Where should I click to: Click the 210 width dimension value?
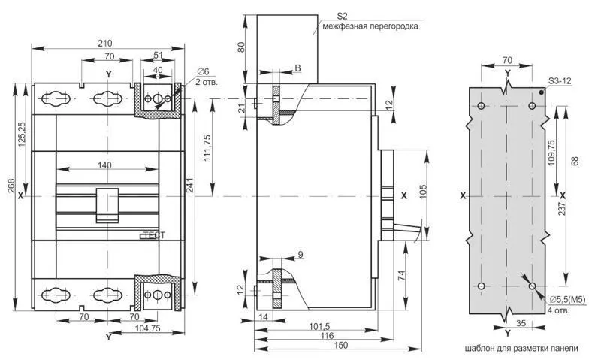pyautogui.click(x=105, y=44)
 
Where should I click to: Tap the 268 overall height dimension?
pyautogui.click(x=12, y=186)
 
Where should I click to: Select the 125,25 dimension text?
pyautogui.click(x=22, y=134)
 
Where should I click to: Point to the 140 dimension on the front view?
pyautogui.click(x=104, y=165)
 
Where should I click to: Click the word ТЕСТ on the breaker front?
pyautogui.click(x=155, y=235)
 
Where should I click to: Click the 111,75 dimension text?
pyautogui.click(x=207, y=148)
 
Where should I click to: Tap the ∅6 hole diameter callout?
pyautogui.click(x=203, y=71)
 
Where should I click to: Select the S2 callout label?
pyautogui.click(x=343, y=16)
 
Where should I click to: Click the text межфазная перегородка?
pyautogui.click(x=370, y=26)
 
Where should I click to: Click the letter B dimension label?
pyautogui.click(x=298, y=68)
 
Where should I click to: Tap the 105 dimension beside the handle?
pyautogui.click(x=424, y=192)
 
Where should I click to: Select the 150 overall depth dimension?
pyautogui.click(x=342, y=345)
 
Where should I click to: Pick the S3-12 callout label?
pyautogui.click(x=560, y=81)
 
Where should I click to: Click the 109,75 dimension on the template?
pyautogui.click(x=551, y=153)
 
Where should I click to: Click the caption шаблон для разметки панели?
pyautogui.click(x=522, y=348)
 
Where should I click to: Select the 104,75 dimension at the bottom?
pyautogui.click(x=147, y=329)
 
